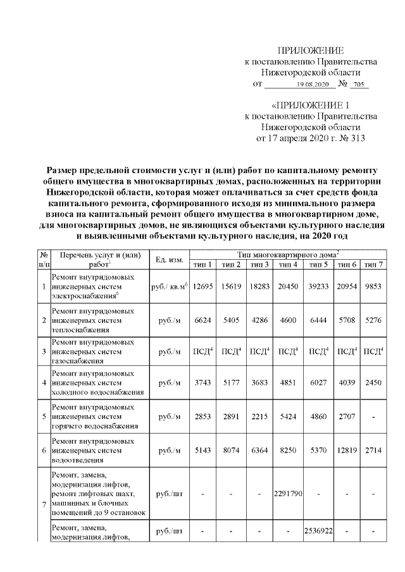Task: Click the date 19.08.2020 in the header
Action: [312, 85]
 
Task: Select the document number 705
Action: [359, 85]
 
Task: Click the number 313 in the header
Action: [354, 137]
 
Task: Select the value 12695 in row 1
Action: [202, 286]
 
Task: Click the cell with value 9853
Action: [374, 286]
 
